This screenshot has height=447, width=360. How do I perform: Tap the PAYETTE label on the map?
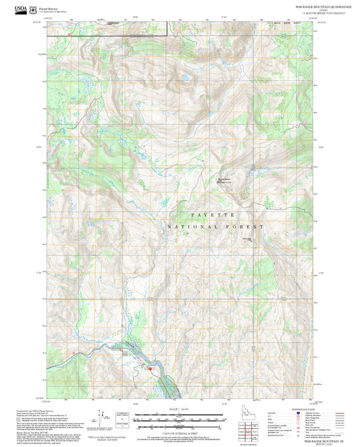(x=212, y=214)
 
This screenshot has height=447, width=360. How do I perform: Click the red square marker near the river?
(x=150, y=368)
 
